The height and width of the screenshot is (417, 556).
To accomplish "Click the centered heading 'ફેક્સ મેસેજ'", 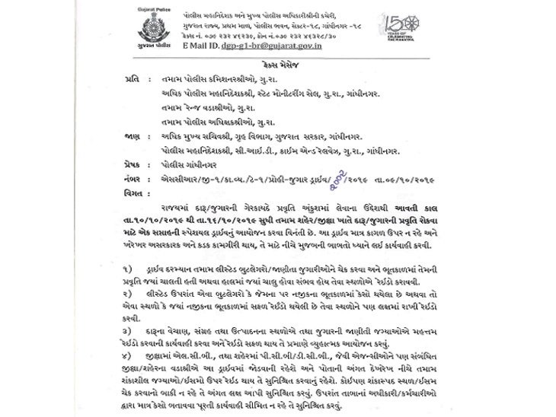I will [x=279, y=68].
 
